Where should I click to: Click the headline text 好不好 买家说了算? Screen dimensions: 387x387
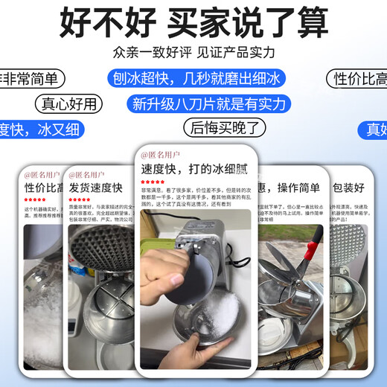(193, 24)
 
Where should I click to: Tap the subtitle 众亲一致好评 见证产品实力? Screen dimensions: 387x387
(193, 53)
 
